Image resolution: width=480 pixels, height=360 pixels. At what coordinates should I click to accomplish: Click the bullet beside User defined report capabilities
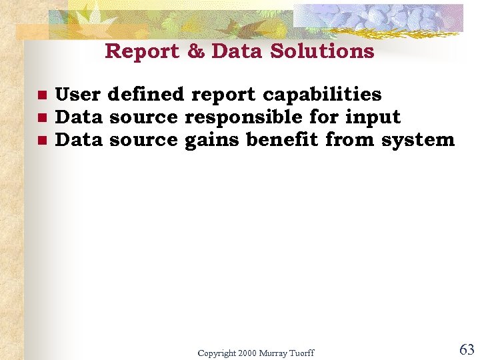coord(41,95)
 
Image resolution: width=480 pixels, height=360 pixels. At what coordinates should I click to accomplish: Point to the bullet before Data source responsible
coord(41,118)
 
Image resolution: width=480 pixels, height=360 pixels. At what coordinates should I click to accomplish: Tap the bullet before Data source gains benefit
coord(41,141)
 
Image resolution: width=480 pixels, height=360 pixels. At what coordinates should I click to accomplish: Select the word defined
coord(145,95)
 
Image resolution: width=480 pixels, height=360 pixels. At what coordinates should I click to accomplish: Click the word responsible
coord(243,117)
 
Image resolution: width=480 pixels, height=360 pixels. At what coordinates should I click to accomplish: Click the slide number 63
coord(467,349)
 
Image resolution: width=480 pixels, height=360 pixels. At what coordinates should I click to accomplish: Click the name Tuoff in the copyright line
coord(301,353)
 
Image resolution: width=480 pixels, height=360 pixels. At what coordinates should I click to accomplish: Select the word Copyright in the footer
coord(217,353)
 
